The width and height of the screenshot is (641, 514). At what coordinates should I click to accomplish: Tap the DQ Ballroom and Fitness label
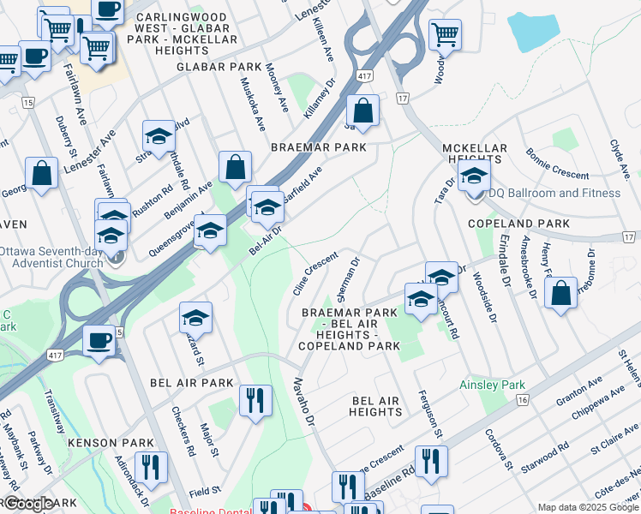point(555,193)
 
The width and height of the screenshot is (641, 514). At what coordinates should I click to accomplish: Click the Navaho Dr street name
point(305,402)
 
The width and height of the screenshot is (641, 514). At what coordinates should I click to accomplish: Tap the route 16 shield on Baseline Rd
point(520,399)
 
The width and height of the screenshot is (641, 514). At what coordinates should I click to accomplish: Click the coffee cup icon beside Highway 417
point(99,340)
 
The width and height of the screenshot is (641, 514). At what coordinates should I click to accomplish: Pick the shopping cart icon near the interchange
point(446,35)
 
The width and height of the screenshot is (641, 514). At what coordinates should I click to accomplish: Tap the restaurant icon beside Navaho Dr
point(255,400)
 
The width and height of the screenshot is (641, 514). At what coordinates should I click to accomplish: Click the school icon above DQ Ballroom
point(473,177)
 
